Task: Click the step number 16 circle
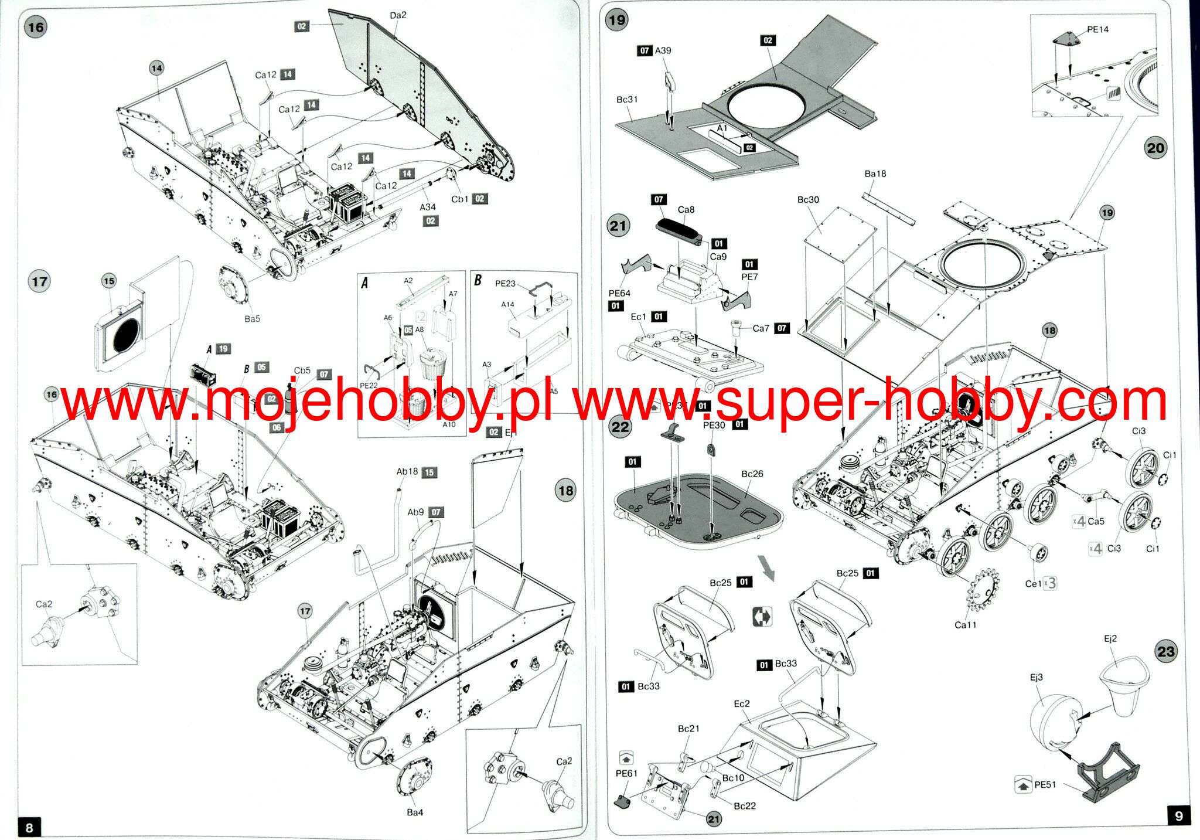click(36, 27)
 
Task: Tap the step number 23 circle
click(1165, 651)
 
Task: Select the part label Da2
click(398, 15)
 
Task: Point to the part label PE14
click(1097, 29)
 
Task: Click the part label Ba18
click(875, 174)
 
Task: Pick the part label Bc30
click(808, 200)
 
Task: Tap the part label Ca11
click(966, 625)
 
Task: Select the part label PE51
click(1045, 784)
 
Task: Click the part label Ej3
click(1037, 677)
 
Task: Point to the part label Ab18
click(407, 472)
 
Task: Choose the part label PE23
click(505, 284)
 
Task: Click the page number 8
click(29, 827)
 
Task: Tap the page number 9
click(1179, 816)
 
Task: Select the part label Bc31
click(627, 100)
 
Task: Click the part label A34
click(428, 207)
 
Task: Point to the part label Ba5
click(252, 319)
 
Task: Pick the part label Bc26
click(752, 474)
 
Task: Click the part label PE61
click(626, 773)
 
